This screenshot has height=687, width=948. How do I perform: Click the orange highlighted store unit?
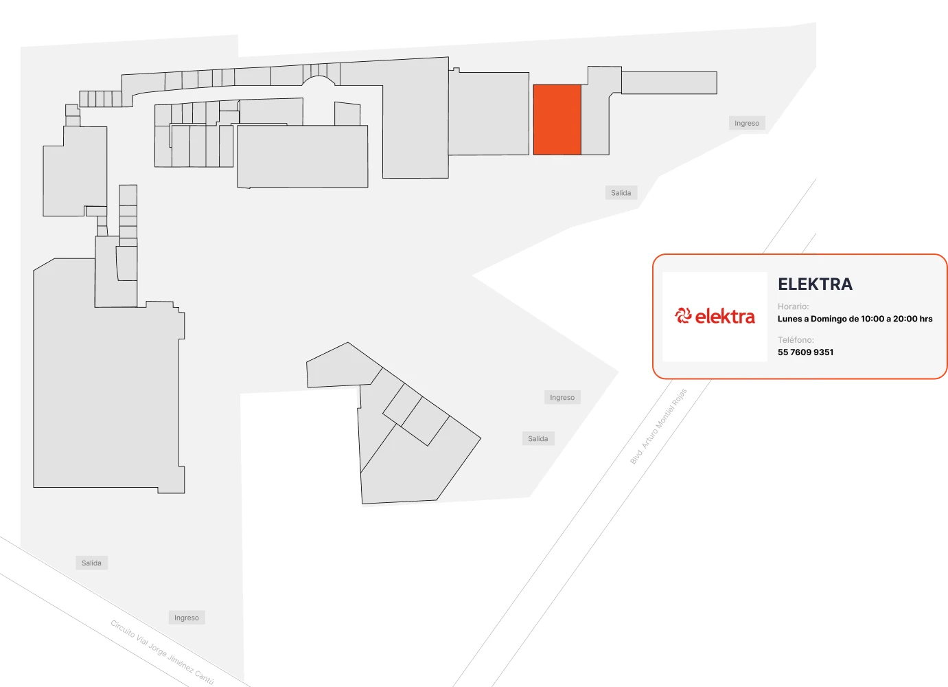(x=557, y=120)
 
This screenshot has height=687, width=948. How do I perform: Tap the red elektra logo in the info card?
(x=715, y=317)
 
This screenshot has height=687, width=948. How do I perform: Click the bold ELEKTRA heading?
(x=815, y=284)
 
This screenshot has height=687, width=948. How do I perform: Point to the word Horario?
(x=793, y=306)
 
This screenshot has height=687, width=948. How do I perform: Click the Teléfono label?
(x=796, y=339)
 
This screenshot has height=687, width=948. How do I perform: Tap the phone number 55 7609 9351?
(x=805, y=352)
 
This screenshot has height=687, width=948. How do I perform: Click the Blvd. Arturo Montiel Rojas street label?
(x=658, y=427)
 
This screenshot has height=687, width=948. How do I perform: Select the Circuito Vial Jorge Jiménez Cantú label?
(x=162, y=652)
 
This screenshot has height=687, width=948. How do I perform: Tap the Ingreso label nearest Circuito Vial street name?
(x=187, y=618)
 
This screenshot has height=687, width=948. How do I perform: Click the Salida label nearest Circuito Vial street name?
(x=91, y=563)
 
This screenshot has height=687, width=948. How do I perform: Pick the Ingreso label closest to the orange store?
(x=747, y=123)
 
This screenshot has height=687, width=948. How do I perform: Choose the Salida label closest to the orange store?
(x=621, y=193)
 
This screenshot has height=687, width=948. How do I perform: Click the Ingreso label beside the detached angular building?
(x=562, y=397)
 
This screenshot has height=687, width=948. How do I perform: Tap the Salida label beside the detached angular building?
(x=538, y=439)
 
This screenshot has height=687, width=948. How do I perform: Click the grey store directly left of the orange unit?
(x=489, y=113)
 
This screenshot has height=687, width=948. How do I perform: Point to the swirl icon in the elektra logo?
(x=683, y=316)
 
